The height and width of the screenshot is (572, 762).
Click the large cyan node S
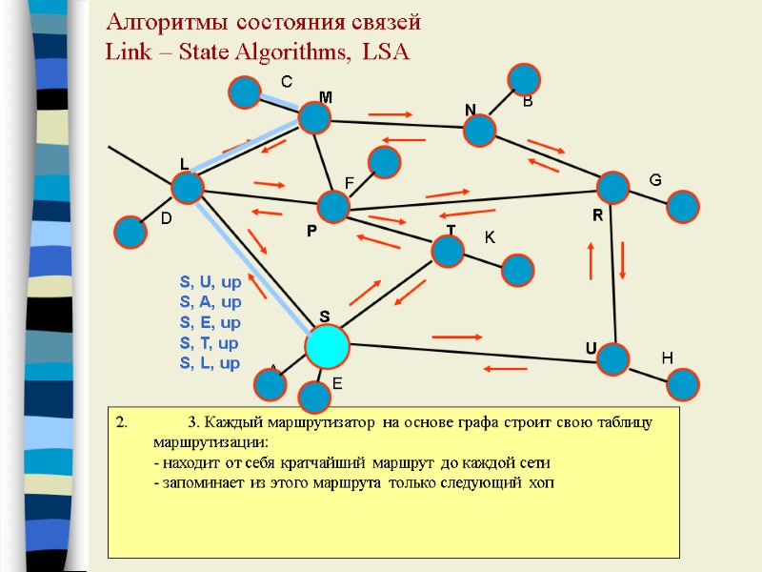pyautogui.click(x=328, y=346)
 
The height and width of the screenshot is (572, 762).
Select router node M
pyautogui.click(x=314, y=117)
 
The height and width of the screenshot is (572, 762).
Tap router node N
pyautogui.click(x=481, y=130)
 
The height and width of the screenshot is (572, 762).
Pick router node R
pyautogui.click(x=613, y=188)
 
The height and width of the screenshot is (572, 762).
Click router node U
pyautogui.click(x=614, y=359)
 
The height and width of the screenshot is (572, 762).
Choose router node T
pyautogui.click(x=447, y=251)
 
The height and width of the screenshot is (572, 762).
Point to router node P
pyautogui.click(x=333, y=207)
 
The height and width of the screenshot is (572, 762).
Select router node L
pyautogui.click(x=188, y=187)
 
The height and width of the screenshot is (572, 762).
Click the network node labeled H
pyautogui.click(x=683, y=384)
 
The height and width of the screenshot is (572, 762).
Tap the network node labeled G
pyautogui.click(x=683, y=206)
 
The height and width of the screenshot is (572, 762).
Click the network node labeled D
pyautogui.click(x=130, y=232)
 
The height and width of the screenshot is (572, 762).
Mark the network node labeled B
pyautogui.click(x=524, y=79)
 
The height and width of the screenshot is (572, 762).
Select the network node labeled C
pyautogui.click(x=245, y=92)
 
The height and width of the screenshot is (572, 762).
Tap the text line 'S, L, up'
pyautogui.click(x=210, y=363)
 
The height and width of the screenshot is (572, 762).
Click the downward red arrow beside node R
pyautogui.click(x=623, y=259)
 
